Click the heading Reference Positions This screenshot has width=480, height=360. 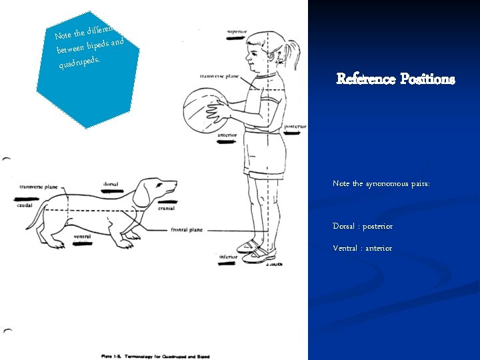[x=395, y=79]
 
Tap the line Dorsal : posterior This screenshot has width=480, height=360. [x=363, y=226]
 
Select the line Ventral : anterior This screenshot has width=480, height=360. [x=363, y=248]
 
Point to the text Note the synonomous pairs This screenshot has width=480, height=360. [x=381, y=183]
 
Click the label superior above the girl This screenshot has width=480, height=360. [x=237, y=31]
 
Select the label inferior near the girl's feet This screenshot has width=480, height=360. [x=228, y=257]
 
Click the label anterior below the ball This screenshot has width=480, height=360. [x=228, y=135]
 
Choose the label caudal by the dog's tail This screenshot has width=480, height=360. [x=25, y=205]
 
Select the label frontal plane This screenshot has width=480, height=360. [x=187, y=229]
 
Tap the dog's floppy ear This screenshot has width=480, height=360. [x=141, y=194]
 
